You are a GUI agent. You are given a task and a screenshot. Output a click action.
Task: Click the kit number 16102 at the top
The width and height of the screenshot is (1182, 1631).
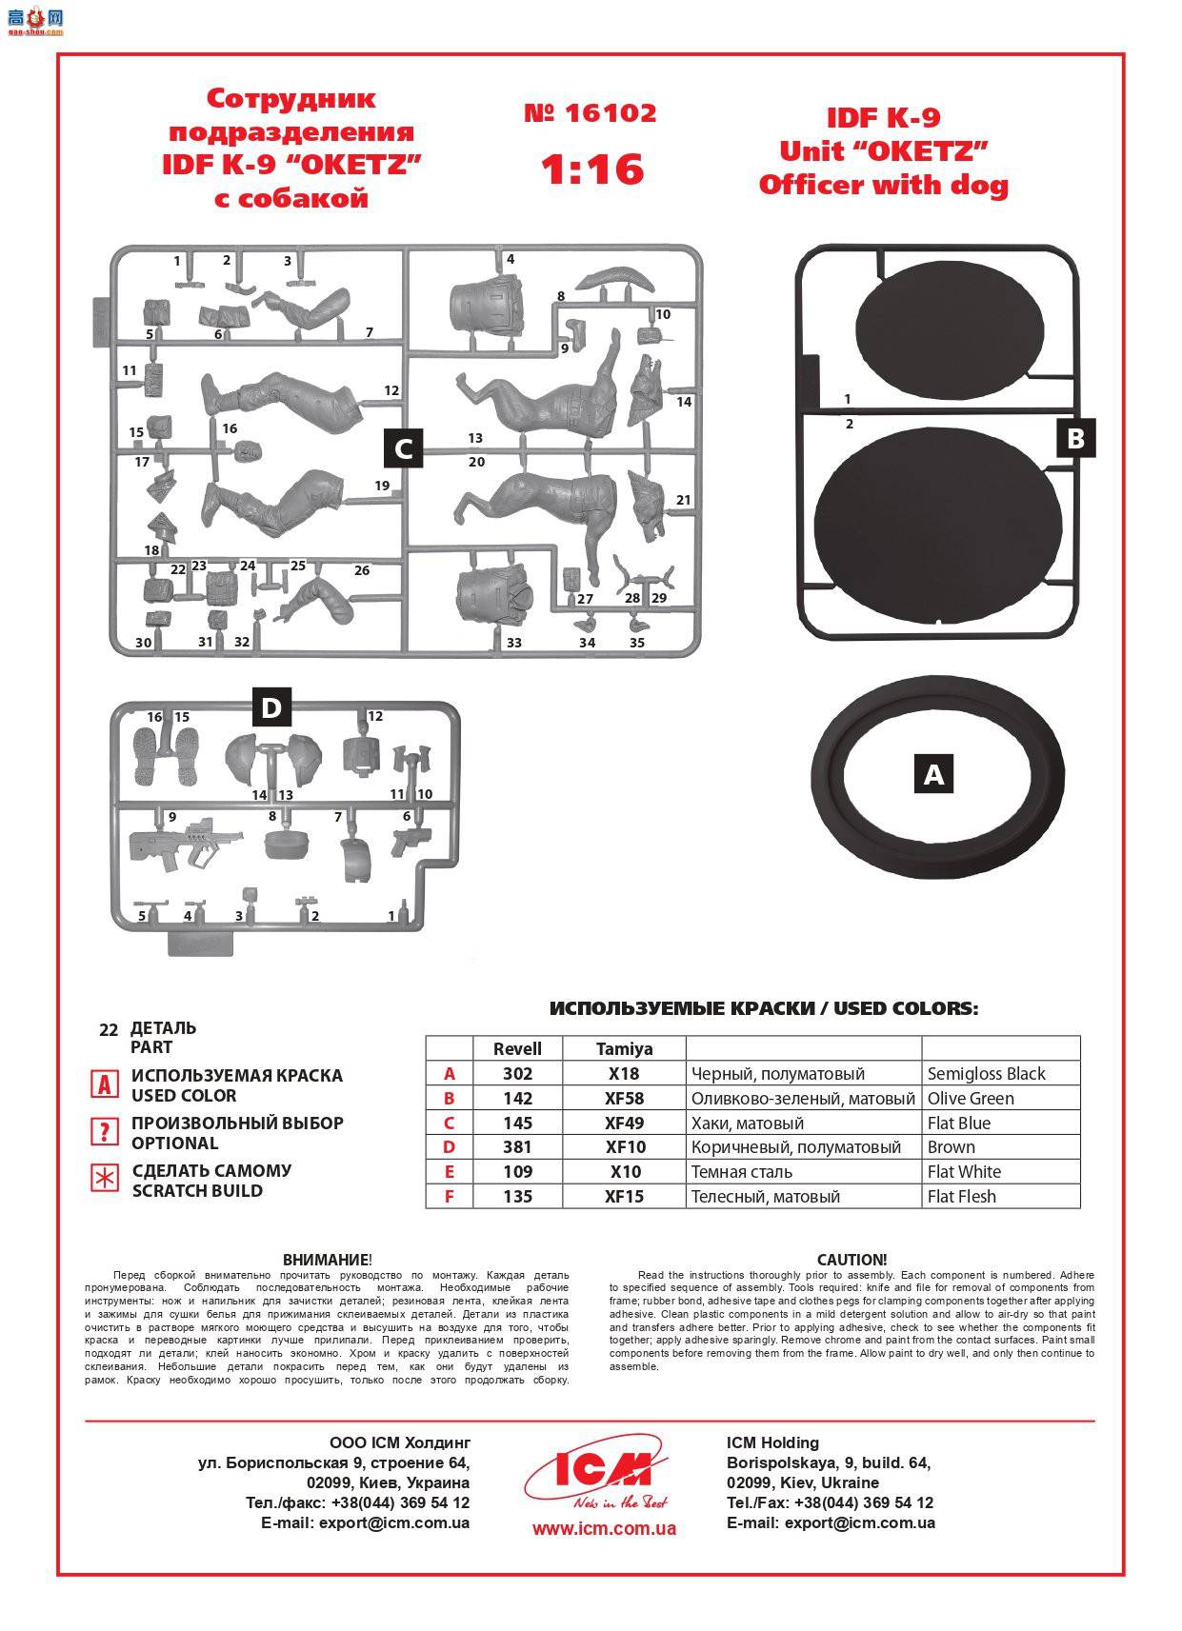tap(591, 113)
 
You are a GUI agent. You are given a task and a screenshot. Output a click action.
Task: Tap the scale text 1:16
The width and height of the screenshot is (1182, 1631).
tap(591, 169)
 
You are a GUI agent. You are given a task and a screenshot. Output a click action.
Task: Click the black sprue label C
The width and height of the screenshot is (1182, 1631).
tap(403, 448)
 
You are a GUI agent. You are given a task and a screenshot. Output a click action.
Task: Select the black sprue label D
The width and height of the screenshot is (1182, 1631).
tap(271, 707)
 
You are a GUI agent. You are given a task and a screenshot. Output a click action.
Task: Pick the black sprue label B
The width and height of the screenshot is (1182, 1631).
tap(1075, 438)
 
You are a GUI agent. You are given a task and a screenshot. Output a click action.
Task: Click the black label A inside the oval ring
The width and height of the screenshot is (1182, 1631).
tap(933, 773)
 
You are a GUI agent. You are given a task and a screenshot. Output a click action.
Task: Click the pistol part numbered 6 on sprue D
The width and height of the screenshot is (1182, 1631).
tap(411, 842)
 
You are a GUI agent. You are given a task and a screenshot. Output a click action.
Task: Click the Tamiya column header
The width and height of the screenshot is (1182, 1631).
tap(624, 1048)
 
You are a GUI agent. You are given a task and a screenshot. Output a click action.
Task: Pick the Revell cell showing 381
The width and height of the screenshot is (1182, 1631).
tap(517, 1147)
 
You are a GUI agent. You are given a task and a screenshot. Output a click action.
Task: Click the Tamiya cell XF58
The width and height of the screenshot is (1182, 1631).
tap(624, 1098)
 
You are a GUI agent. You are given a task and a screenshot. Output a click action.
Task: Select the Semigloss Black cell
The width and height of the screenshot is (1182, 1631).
tap(986, 1074)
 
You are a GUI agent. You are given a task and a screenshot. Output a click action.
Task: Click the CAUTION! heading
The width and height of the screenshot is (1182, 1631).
tap(851, 1259)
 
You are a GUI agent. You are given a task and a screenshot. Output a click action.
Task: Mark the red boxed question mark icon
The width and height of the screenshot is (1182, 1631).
tap(103, 1131)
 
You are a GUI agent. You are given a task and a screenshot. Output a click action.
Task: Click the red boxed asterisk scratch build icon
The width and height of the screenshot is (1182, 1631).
tap(103, 1179)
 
